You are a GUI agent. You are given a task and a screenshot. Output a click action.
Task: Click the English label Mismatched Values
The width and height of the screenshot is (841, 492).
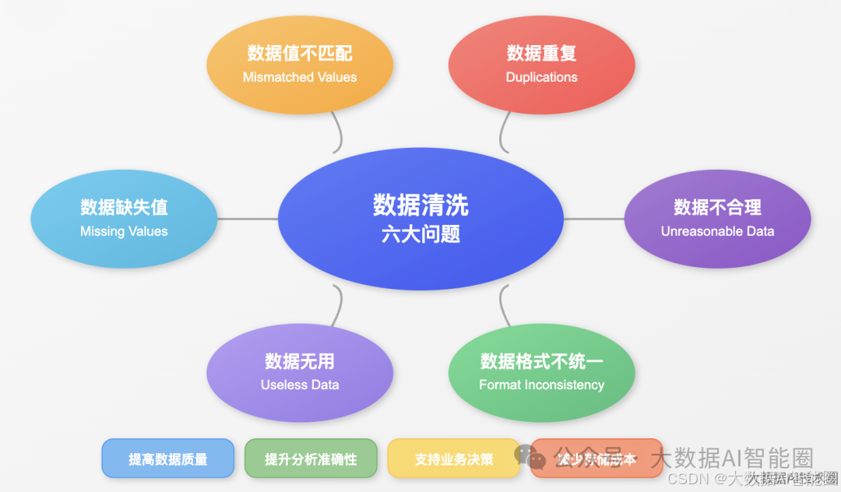tap(300, 77)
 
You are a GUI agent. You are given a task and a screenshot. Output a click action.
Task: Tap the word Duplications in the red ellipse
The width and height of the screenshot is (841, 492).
tap(541, 77)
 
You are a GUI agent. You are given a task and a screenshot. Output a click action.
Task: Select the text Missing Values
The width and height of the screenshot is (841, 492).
tap(124, 231)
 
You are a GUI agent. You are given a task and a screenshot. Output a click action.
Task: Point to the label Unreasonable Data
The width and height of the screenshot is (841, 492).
tap(717, 231)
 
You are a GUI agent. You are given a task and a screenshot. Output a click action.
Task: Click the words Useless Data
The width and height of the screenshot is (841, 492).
tap(300, 385)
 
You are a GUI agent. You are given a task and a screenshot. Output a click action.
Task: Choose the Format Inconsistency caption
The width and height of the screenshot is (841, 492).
tap(541, 385)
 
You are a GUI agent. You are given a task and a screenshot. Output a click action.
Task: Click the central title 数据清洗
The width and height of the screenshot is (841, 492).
tap(420, 205)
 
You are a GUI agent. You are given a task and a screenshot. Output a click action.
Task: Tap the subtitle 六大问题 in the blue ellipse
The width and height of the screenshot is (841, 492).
tap(420, 234)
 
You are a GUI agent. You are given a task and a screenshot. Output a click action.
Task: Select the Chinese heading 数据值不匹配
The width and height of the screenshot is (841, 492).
tap(300, 53)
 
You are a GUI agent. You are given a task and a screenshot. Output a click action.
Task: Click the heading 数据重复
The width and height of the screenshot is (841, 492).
tap(541, 53)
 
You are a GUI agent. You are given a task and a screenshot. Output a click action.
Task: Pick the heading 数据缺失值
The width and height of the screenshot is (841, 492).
tap(124, 207)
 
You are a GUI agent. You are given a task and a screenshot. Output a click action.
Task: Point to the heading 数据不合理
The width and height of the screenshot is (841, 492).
tap(717, 207)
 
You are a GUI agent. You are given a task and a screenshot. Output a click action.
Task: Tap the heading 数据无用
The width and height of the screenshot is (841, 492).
tap(300, 361)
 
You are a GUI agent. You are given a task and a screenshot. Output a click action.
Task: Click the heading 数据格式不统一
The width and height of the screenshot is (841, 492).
tap(541, 361)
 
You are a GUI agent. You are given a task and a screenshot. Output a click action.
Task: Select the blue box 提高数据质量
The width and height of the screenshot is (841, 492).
tap(167, 459)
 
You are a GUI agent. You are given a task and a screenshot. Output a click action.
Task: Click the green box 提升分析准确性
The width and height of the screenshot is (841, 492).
tap(311, 459)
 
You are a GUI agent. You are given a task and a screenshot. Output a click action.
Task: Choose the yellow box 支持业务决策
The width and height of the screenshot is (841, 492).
tap(453, 459)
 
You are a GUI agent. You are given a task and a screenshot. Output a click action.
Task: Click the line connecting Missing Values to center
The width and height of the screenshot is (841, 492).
tap(248, 219)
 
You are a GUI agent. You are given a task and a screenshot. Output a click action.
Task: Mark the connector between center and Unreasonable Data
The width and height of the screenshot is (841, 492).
tap(593, 219)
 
